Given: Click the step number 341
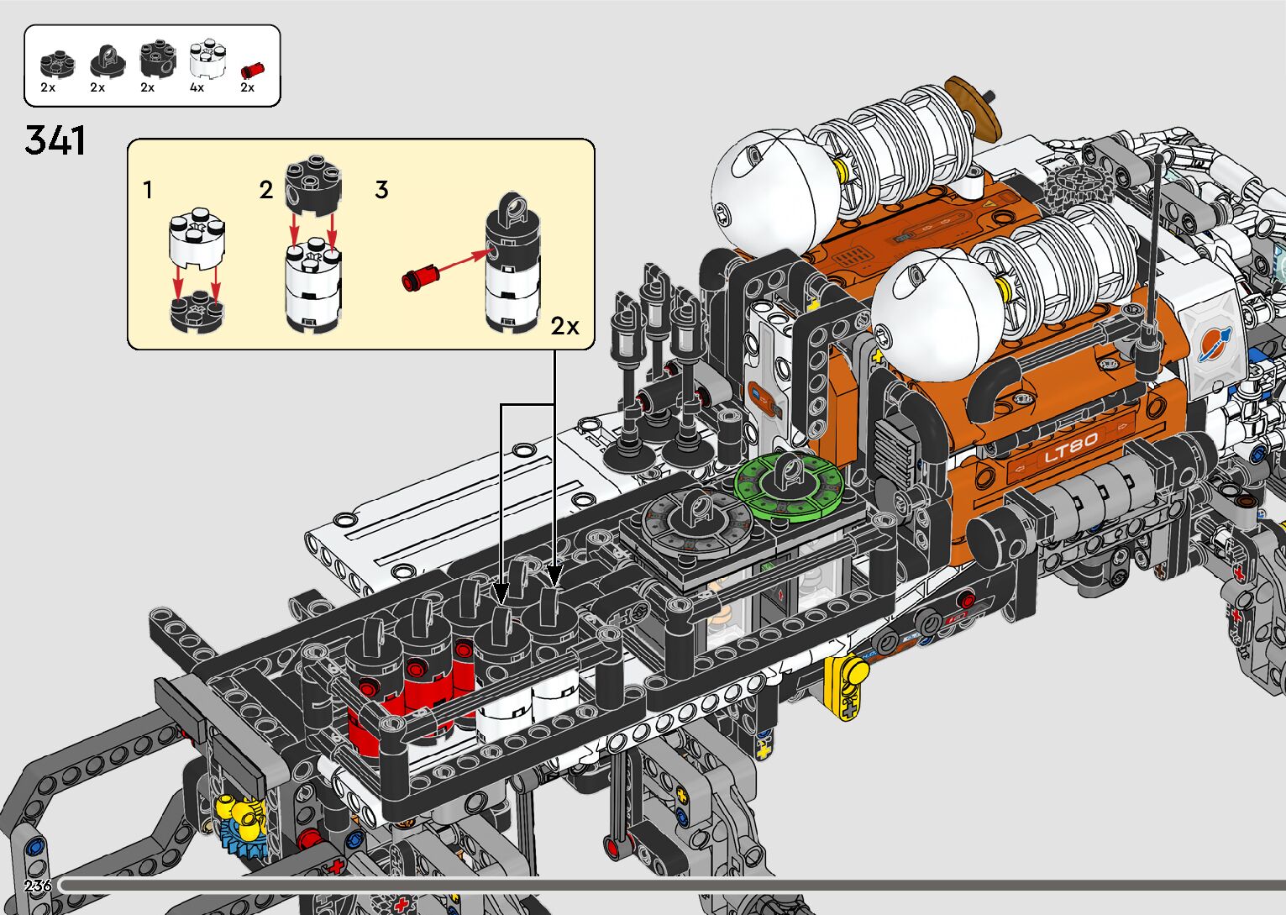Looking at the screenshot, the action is [55, 140].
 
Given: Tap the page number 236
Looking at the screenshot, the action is [38, 886].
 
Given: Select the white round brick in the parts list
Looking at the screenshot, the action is [207, 59].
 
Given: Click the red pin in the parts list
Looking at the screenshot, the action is [252, 70].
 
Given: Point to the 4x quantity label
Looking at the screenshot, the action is [197, 88].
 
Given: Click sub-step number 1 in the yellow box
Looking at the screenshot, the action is [148, 190].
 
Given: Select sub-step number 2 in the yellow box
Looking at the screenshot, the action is [265, 190].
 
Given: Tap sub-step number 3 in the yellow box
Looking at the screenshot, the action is [382, 190].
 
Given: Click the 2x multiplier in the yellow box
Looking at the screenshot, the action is [565, 326].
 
